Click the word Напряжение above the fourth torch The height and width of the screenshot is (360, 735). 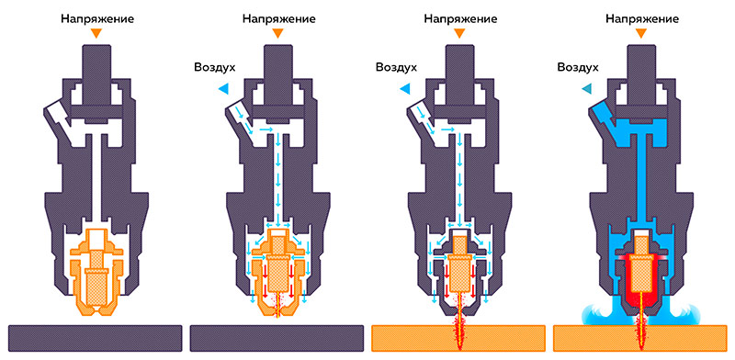[x=641, y=17]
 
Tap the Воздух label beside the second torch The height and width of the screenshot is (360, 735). [x=215, y=67]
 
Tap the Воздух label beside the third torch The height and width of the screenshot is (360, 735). [x=397, y=67]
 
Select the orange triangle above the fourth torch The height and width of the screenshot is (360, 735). [x=641, y=35]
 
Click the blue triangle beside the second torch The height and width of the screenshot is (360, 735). [x=223, y=88]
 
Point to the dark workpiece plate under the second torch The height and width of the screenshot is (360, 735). [x=277, y=338]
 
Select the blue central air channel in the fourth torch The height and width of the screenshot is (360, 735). [x=641, y=184]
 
